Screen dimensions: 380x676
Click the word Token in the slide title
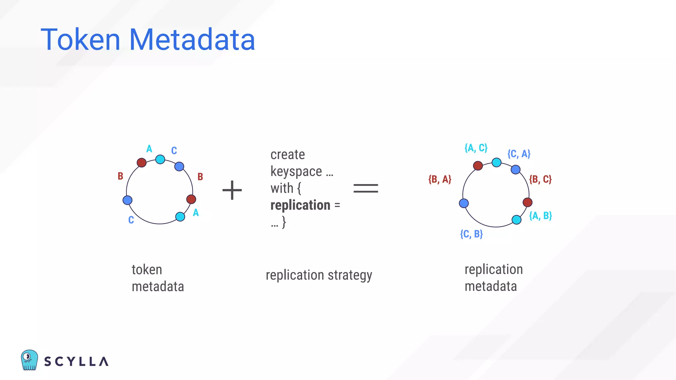(80, 40)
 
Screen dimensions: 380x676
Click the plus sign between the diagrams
(232, 190)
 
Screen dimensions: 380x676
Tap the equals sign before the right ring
(365, 188)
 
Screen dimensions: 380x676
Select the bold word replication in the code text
(300, 205)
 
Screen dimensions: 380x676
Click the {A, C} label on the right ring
(476, 148)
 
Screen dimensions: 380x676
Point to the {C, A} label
(519, 154)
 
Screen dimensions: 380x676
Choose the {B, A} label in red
(439, 179)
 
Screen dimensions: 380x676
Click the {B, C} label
(540, 179)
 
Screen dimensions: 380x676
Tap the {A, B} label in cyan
(540, 216)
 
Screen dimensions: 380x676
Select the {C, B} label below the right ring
(471, 234)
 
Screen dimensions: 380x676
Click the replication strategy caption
(319, 275)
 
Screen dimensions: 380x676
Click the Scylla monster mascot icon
(29, 360)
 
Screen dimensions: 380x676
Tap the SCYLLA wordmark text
(76, 362)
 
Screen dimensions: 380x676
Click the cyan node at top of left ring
(160, 159)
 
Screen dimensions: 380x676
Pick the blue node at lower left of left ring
(127, 200)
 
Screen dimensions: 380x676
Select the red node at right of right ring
(527, 202)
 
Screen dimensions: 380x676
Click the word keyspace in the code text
(296, 172)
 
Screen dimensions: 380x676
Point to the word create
(287, 155)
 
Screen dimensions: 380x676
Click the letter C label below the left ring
(131, 220)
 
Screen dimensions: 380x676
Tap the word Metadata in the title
(192, 40)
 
